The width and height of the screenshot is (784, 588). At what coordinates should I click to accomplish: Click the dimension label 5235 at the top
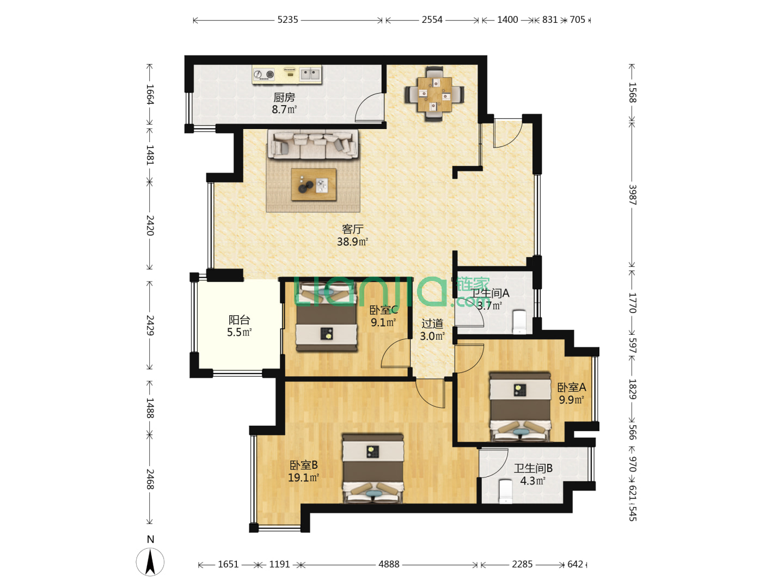pos(287,20)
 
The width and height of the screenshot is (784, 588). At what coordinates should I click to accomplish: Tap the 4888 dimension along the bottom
pos(389,564)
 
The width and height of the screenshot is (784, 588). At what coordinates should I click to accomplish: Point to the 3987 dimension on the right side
pos(632,194)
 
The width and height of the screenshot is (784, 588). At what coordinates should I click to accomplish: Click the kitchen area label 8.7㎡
pos(284,109)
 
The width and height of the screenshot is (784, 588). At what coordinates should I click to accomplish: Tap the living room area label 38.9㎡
pos(352,242)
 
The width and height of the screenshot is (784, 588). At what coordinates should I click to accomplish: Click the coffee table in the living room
pos(314,185)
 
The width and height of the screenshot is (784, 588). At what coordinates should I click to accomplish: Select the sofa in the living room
pos(313,144)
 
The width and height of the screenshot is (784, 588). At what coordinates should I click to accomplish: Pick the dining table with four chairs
pos(434,94)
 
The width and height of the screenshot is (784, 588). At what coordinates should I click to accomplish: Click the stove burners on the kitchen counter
pos(264,74)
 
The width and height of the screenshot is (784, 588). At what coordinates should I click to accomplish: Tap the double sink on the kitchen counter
pos(310,74)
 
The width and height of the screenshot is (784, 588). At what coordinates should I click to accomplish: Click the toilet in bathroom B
pos(505,492)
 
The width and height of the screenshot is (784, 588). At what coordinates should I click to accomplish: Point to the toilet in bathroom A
pos(519,322)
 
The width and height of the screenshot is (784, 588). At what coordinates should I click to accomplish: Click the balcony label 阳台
pos(240,320)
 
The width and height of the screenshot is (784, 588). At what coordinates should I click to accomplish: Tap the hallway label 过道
pos(432,323)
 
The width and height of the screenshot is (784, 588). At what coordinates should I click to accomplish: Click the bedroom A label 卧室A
pos(572,387)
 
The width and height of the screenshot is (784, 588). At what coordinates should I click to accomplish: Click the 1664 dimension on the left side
pos(150,94)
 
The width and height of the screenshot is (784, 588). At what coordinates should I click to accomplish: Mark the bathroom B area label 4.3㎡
pos(532,481)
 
